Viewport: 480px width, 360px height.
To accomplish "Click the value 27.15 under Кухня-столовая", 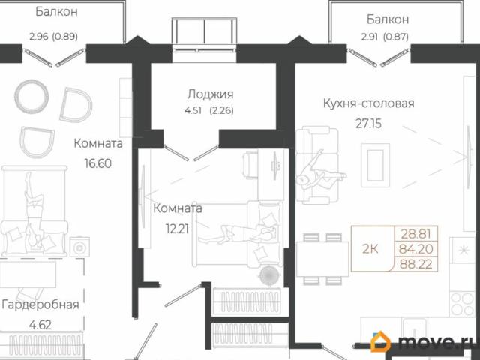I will [366, 124].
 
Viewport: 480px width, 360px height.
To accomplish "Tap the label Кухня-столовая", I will [368, 104].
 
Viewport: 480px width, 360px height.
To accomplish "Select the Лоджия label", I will [210, 94].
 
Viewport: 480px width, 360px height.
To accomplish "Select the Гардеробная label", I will [40, 304].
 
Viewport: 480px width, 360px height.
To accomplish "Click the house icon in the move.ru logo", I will [382, 343].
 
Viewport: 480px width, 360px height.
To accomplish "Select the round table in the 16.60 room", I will [31, 95].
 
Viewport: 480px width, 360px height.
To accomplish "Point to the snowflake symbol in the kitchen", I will [467, 249].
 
